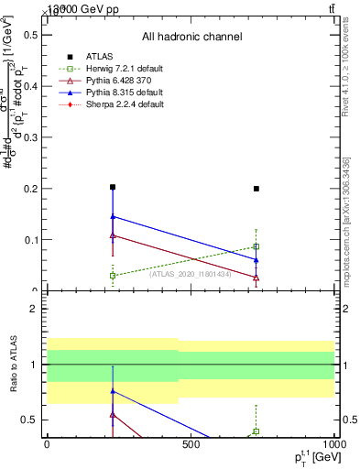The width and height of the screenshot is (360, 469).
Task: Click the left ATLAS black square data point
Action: point(113,187)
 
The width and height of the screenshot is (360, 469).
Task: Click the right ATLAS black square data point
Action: point(256,189)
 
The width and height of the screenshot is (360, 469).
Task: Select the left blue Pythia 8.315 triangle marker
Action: point(113,217)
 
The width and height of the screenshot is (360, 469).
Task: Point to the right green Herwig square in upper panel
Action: point(256,246)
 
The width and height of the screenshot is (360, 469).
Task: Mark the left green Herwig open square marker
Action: point(113,275)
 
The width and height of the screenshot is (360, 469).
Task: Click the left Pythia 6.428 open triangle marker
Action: point(113,235)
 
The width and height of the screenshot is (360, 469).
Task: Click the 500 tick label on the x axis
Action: point(190,443)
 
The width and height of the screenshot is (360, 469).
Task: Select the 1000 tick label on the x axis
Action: point(331,443)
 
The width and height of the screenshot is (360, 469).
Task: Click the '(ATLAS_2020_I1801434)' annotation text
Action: point(191,272)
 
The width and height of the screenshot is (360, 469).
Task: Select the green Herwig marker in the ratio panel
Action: point(256,431)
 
